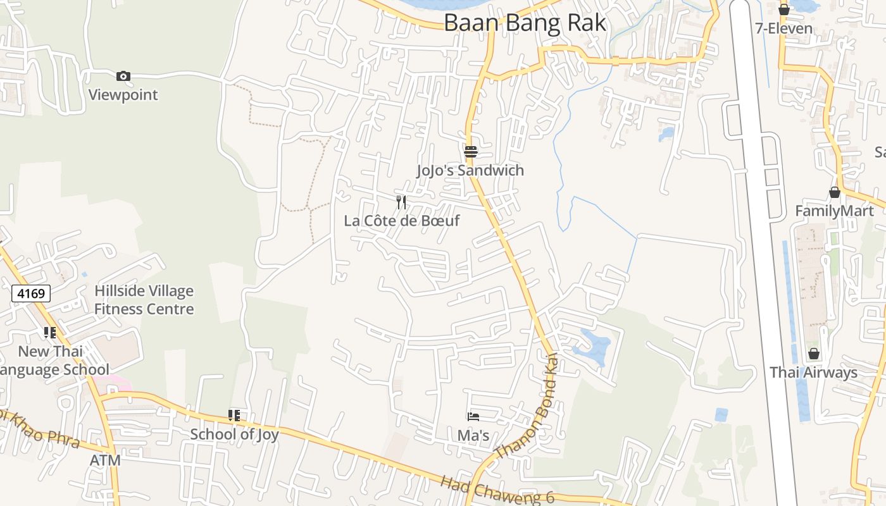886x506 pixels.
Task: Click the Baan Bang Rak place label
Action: point(525,23)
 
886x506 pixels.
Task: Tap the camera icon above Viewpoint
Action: point(123,77)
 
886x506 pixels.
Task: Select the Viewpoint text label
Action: point(123,95)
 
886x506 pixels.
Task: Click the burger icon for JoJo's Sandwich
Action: point(470,152)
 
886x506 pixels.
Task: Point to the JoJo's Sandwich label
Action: point(470,170)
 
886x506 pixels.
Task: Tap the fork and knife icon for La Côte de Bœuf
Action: point(401,202)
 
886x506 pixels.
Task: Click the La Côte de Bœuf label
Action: point(401,221)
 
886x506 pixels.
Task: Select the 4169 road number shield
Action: point(31,293)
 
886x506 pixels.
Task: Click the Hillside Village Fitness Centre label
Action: point(144,300)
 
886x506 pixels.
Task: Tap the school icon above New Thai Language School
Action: point(50,333)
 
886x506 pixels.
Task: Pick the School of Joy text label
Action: point(234,435)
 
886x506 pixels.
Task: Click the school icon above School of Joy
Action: point(234,416)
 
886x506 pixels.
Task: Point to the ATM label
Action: point(105,460)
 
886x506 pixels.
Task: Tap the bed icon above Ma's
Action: point(473,417)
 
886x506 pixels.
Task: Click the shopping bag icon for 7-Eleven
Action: point(784,9)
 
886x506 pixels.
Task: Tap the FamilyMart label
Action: point(834,211)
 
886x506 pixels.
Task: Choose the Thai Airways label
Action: point(813,373)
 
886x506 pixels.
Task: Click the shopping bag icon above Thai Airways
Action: point(814,354)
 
